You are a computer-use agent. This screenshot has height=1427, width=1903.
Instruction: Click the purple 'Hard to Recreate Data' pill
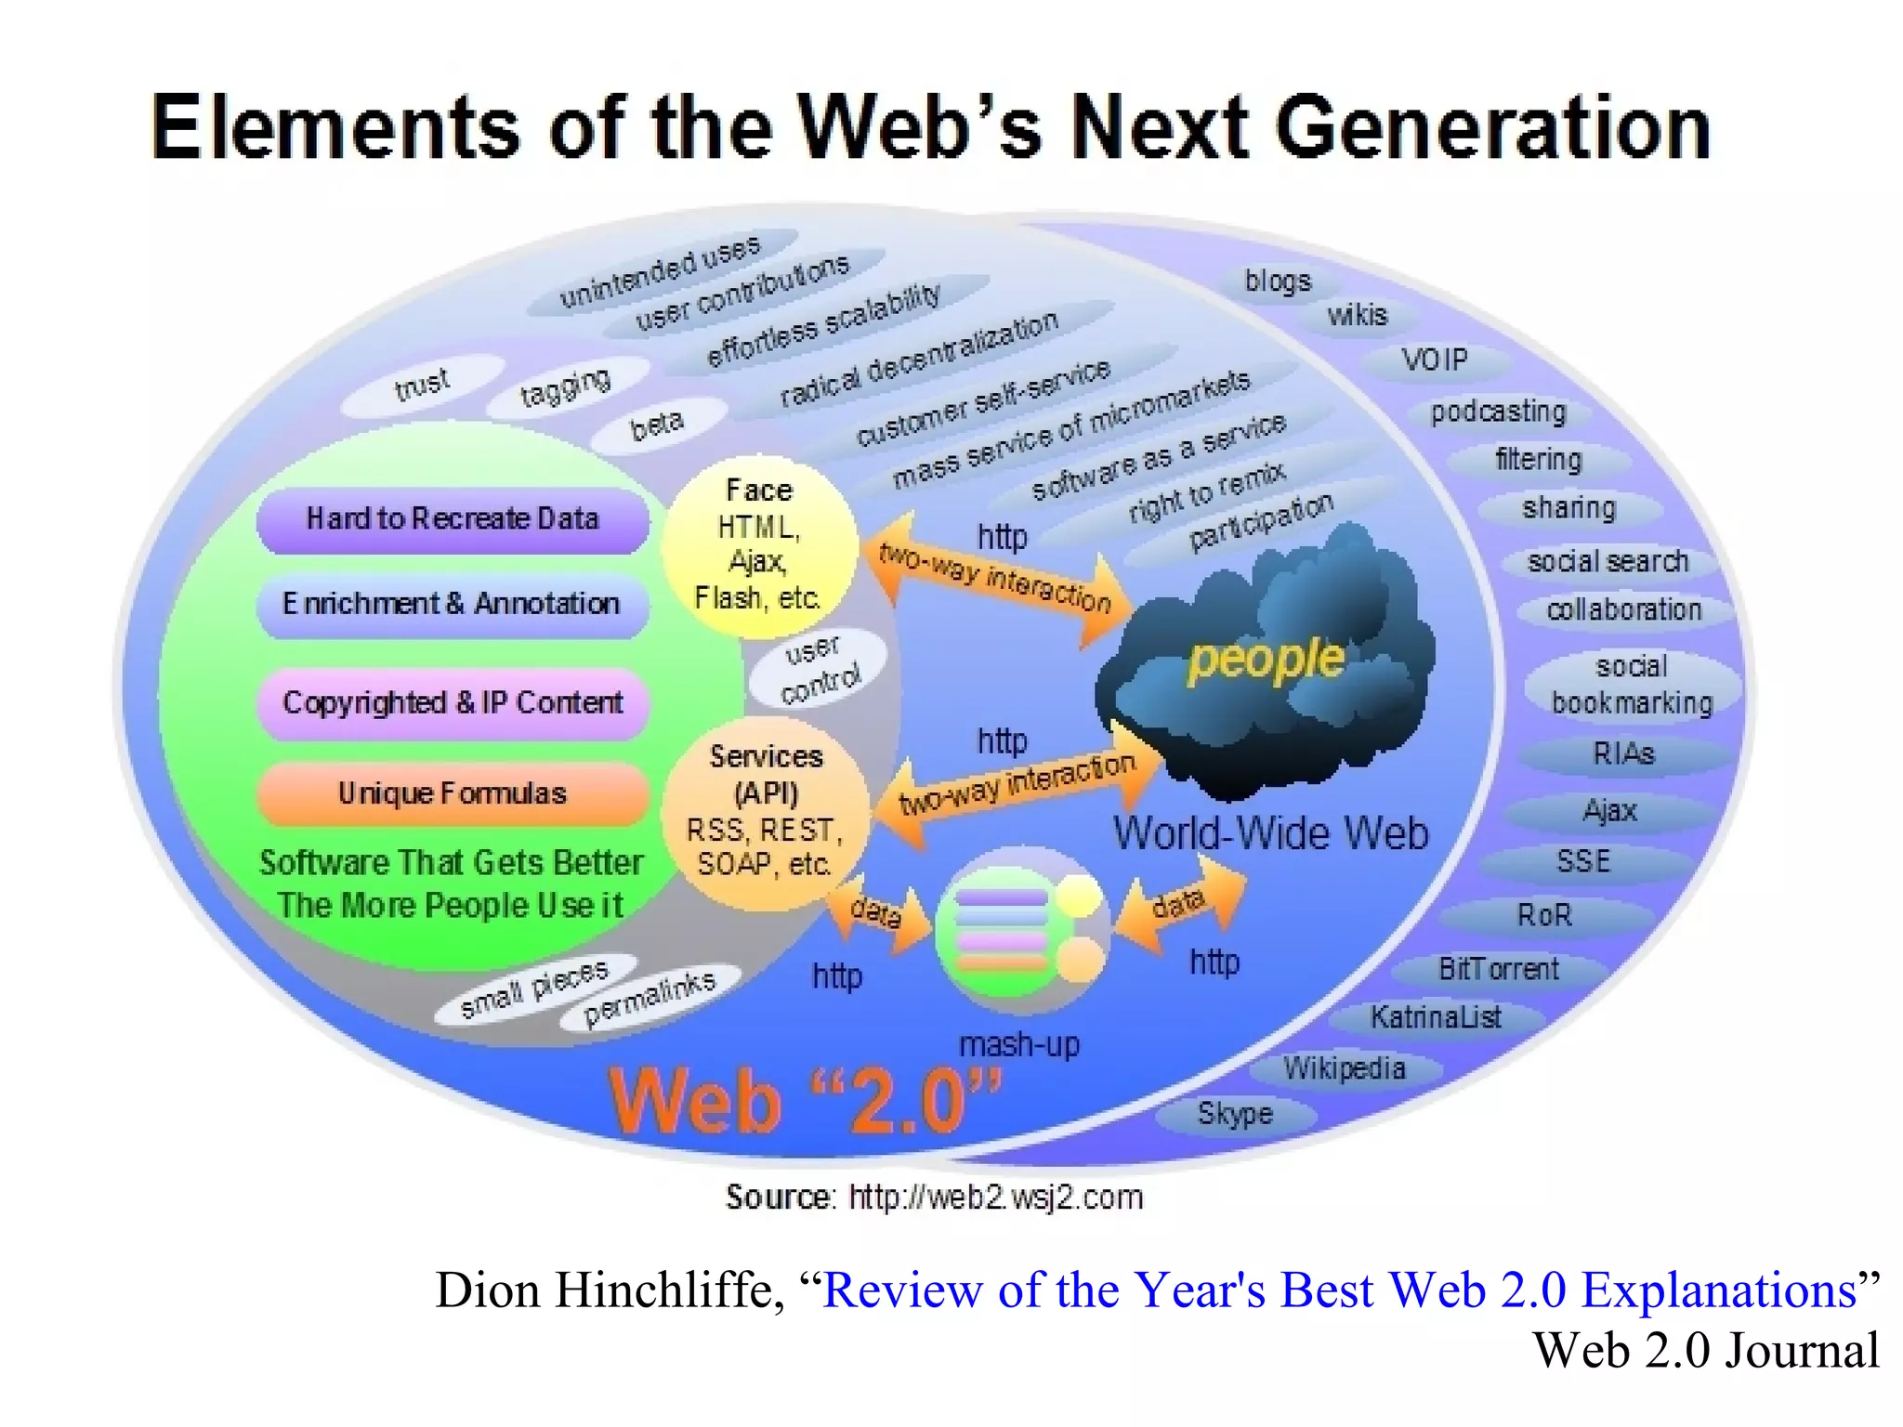(453, 518)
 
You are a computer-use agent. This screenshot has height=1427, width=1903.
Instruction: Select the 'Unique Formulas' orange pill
(453, 793)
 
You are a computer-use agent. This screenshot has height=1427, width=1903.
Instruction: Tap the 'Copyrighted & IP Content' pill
(453, 702)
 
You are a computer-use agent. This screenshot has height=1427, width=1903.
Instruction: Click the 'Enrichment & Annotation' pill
(453, 604)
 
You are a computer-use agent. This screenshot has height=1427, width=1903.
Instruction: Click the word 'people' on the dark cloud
(1266, 660)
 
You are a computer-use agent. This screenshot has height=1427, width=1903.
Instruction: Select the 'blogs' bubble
(1278, 281)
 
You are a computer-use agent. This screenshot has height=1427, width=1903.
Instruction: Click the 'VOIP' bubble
(1435, 360)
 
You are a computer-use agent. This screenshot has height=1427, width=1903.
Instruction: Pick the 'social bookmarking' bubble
(1632, 685)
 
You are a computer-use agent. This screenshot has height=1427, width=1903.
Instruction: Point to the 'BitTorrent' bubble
(1498, 969)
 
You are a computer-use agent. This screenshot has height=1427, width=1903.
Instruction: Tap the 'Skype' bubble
(1235, 1113)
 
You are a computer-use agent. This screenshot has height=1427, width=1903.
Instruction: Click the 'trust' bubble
(421, 384)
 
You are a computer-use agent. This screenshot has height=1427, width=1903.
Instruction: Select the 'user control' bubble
(818, 667)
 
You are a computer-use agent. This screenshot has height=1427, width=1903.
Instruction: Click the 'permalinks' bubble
(650, 999)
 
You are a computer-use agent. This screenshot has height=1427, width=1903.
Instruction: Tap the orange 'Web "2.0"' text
(805, 1101)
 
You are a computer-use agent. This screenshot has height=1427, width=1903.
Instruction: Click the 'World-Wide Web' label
(1270, 832)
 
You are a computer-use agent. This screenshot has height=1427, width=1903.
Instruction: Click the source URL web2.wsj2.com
(995, 1198)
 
